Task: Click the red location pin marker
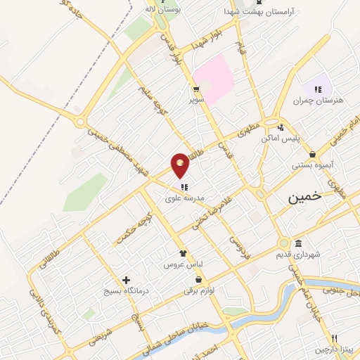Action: tap(181, 165)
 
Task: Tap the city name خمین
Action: tap(304, 198)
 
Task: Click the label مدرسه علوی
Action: tap(184, 199)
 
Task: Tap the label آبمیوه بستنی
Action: tap(312, 167)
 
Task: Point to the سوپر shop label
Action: tap(195, 101)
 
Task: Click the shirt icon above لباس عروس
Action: tap(183, 254)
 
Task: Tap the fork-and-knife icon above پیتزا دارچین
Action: tap(335, 337)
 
